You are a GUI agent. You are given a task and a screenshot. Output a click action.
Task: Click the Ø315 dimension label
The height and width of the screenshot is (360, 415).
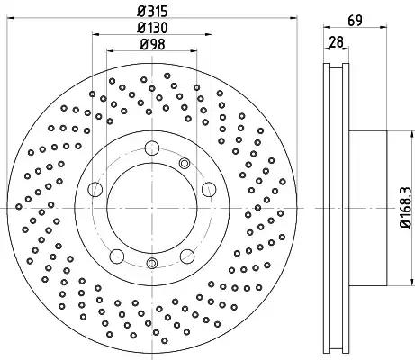[x=152, y=12]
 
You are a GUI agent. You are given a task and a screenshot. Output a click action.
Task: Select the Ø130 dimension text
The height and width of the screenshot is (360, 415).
[x=152, y=28]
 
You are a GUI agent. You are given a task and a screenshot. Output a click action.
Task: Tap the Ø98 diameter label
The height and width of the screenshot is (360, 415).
[x=152, y=45]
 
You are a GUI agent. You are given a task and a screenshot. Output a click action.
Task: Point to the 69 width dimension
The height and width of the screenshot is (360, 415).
[x=356, y=21]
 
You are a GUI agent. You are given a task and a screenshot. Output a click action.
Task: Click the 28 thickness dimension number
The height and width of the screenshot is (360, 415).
[x=336, y=42]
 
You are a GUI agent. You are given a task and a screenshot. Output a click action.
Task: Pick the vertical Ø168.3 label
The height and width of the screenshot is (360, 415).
[x=406, y=207]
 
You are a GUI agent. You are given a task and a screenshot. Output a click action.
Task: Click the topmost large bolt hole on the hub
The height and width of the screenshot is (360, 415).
[x=152, y=148]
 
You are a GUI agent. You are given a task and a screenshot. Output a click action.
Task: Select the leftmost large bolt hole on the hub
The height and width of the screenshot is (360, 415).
[x=95, y=189]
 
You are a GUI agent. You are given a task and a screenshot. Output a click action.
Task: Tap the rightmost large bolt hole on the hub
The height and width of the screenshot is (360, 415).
[x=209, y=189]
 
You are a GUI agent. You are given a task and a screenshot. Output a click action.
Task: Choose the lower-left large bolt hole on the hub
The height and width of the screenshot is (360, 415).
[x=117, y=256]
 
